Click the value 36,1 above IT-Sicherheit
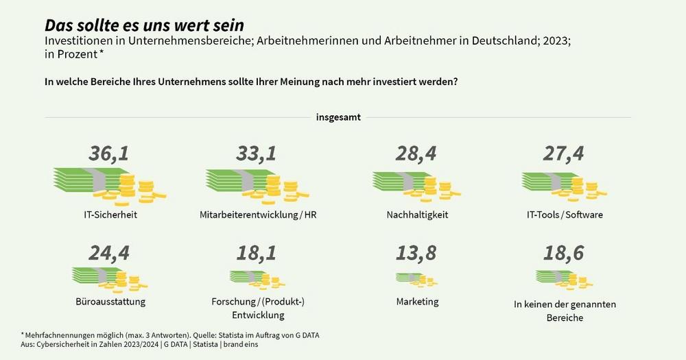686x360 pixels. click(x=108, y=154)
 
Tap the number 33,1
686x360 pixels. click(x=256, y=154)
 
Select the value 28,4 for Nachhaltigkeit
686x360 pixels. click(x=416, y=154)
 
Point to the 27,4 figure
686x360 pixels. click(x=564, y=154)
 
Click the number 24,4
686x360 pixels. click(x=109, y=254)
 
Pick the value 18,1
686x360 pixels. click(x=256, y=254)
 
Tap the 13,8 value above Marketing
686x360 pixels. click(x=416, y=254)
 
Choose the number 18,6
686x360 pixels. click(x=564, y=254)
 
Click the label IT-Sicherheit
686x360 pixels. click(x=109, y=215)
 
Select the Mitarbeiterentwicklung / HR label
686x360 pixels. click(x=258, y=215)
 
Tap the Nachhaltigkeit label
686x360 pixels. click(x=417, y=215)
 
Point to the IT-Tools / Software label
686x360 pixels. click(x=565, y=215)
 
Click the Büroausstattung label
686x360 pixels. click(x=110, y=302)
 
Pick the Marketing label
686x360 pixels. click(x=417, y=302)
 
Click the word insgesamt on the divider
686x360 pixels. click(x=338, y=117)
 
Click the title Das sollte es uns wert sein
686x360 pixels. click(x=144, y=26)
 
